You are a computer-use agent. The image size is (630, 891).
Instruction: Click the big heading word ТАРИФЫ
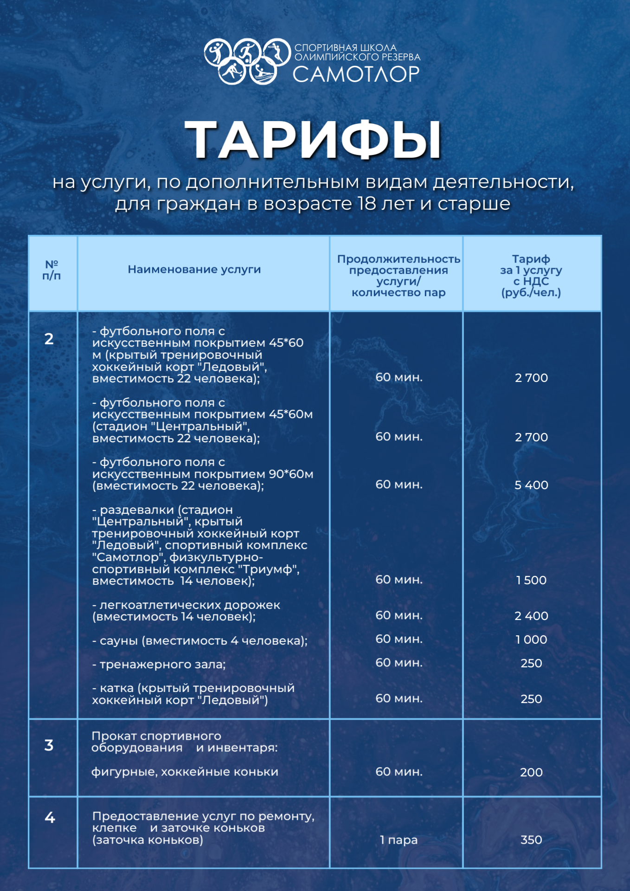[313, 140]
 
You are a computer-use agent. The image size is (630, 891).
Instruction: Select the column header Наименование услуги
[194, 270]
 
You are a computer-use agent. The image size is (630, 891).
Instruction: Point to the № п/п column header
[51, 270]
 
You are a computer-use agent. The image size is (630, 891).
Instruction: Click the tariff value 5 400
[531, 485]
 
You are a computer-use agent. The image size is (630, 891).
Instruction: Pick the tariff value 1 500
[531, 581]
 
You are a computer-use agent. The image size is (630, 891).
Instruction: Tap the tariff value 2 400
[531, 616]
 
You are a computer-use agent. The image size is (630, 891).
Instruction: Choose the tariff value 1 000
[531, 640]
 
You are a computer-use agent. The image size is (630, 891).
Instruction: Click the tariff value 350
[531, 840]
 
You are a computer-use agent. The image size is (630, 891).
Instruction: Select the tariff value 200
[531, 773]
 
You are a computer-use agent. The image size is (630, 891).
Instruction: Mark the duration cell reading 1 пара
[399, 840]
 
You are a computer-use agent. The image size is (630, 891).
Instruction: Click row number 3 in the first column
[49, 746]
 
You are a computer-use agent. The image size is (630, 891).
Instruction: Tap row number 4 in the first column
[50, 818]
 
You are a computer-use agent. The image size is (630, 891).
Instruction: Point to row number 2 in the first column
[49, 339]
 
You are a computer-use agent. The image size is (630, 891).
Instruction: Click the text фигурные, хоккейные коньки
[185, 772]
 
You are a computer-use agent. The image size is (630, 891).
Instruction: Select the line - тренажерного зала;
[159, 665]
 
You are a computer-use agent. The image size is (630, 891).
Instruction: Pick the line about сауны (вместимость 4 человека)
[199, 641]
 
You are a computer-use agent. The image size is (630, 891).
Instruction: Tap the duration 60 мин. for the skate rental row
[399, 772]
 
